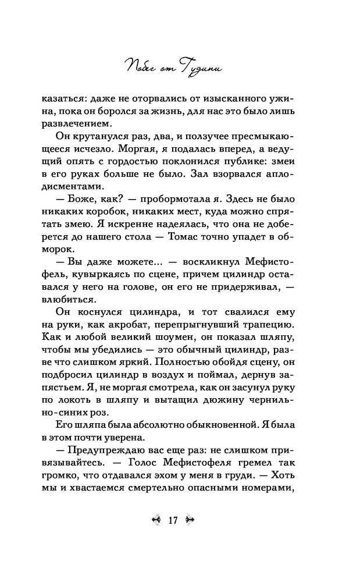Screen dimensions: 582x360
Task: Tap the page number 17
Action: pos(172,520)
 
